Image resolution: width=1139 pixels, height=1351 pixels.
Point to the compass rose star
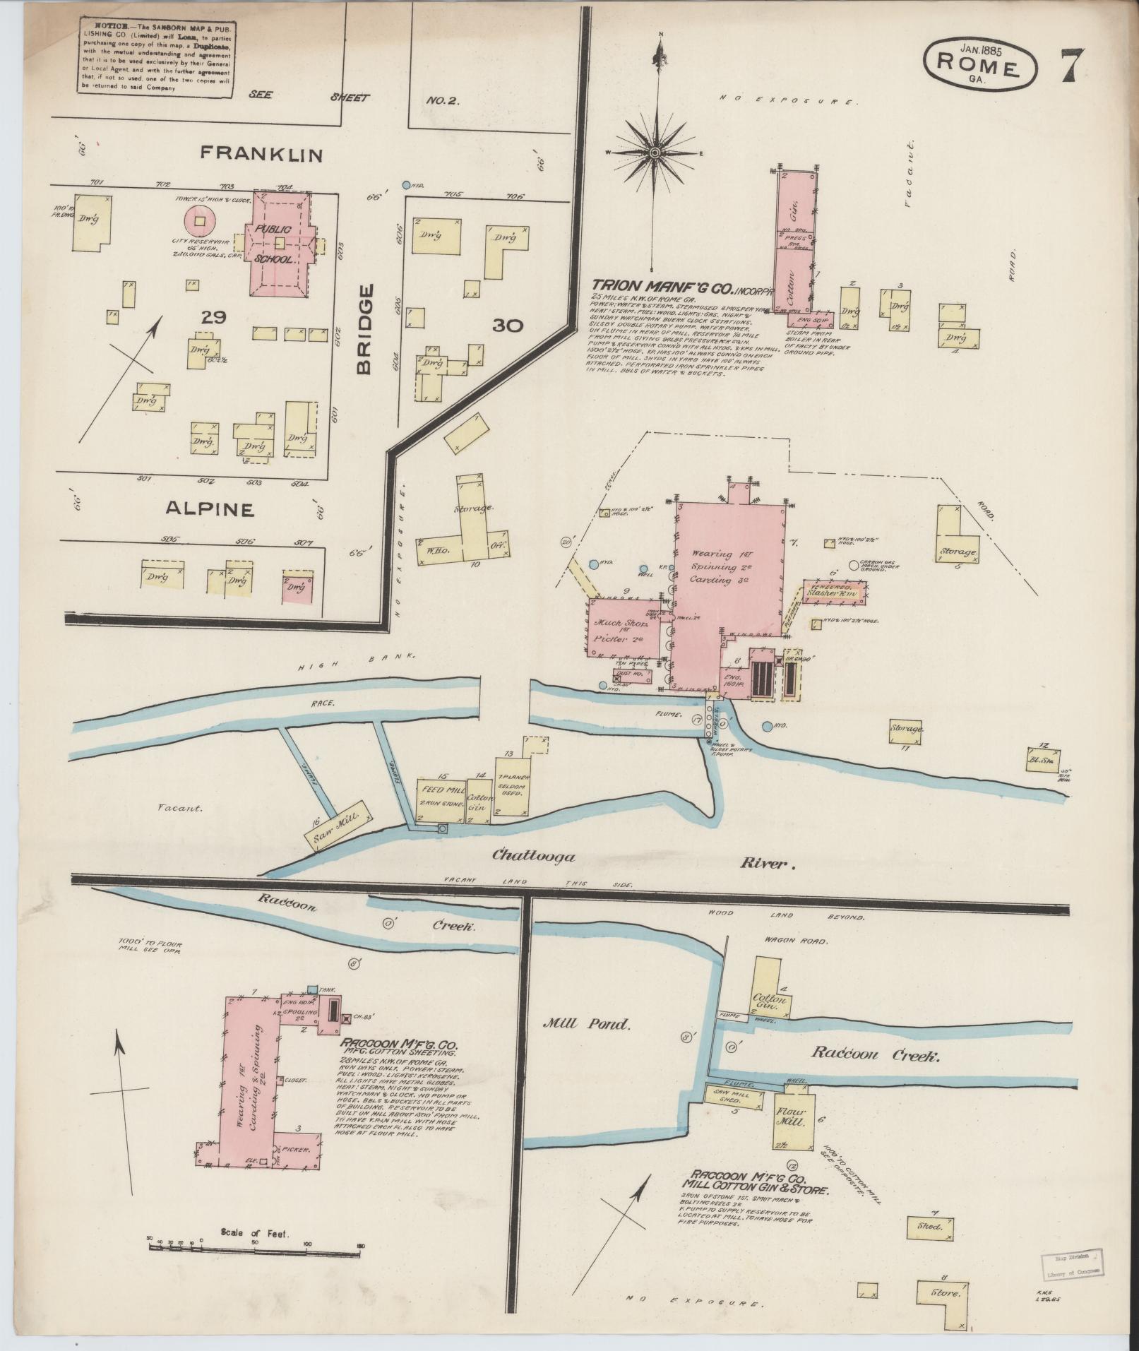click(655, 152)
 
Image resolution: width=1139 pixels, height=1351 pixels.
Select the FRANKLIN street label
click(261, 154)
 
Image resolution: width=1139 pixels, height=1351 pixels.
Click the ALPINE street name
click(209, 508)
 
